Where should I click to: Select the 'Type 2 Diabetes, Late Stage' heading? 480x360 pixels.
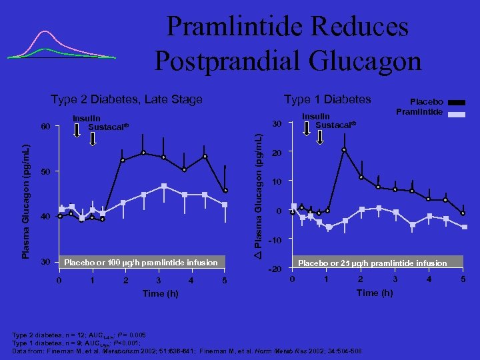pos(127,99)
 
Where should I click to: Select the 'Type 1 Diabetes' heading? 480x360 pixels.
pos(327,99)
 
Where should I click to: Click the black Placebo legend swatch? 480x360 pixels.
pos(457,102)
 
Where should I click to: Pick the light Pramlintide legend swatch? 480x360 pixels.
pos(457,115)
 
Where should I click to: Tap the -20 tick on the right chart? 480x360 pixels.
pos(273,269)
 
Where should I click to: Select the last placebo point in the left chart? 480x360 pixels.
pos(226,191)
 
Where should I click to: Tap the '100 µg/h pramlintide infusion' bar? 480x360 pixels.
pos(141,263)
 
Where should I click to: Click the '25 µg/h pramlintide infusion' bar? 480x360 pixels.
pos(373,263)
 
